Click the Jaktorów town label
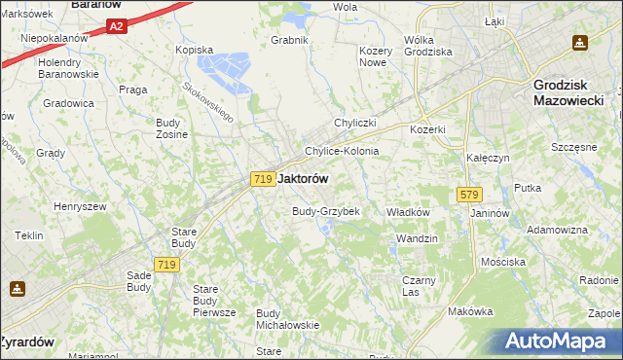pyautogui.click(x=303, y=179)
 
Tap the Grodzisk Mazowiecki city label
pyautogui.click(x=571, y=92)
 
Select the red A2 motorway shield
pyautogui.click(x=116, y=27)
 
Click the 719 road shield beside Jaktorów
pyautogui.click(x=261, y=179)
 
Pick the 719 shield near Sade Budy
pyautogui.click(x=165, y=265)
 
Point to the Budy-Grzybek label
pyautogui.click(x=326, y=211)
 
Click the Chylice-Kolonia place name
pyautogui.click(x=342, y=152)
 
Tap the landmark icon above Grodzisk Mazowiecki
pyautogui.click(x=580, y=43)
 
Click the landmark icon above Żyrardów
pyautogui.click(x=18, y=288)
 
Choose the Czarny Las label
pyautogui.click(x=419, y=286)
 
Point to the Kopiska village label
pyautogui.click(x=193, y=49)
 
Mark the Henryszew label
pyautogui.click(x=80, y=206)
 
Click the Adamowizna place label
pyautogui.click(x=557, y=230)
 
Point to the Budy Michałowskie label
pyautogui.click(x=287, y=319)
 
